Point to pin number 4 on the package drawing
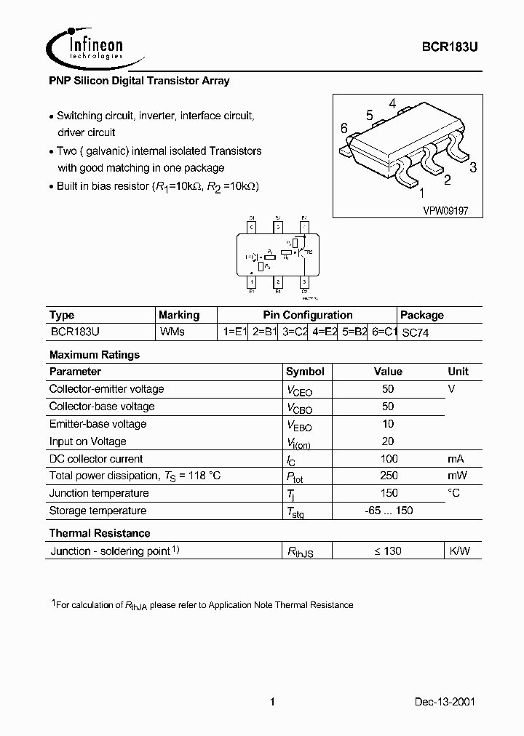392,103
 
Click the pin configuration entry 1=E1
235,332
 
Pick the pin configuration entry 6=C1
384,332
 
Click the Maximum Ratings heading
94,355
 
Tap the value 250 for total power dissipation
389,476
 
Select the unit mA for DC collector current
456,458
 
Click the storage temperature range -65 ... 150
389,511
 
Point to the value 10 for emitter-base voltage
388,423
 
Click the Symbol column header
305,372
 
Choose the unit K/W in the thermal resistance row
459,551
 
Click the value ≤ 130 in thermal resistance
388,551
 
